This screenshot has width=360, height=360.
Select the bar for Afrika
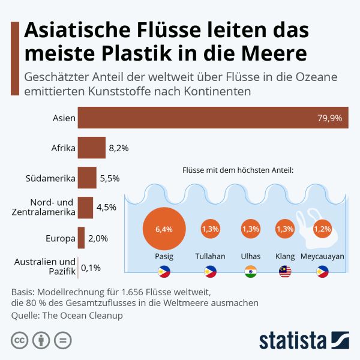click(x=91, y=147)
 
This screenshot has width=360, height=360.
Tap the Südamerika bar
click(x=87, y=178)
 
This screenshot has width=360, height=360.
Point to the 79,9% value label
click(x=329, y=118)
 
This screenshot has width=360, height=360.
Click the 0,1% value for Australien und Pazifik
click(x=91, y=267)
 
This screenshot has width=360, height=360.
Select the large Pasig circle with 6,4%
click(x=163, y=229)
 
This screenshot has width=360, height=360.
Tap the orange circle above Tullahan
click(x=210, y=229)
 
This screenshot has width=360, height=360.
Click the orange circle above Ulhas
click(x=250, y=229)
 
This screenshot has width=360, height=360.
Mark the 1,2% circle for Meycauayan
click(x=322, y=229)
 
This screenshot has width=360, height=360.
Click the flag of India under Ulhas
click(x=250, y=271)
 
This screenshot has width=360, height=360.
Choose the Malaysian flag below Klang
click(x=284, y=271)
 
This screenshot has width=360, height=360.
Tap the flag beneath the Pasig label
click(x=163, y=271)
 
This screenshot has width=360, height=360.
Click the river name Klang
click(x=284, y=256)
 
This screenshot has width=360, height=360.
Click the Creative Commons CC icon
click(x=20, y=340)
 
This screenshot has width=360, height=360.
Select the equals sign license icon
click(x=62, y=340)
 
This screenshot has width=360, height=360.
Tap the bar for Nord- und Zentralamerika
click(x=85, y=208)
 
